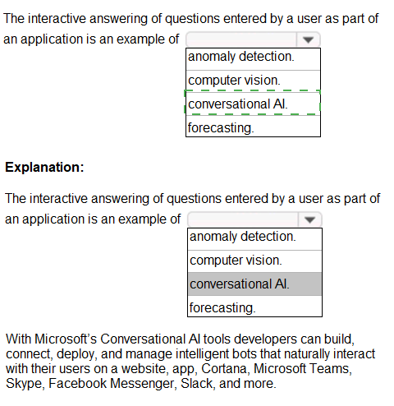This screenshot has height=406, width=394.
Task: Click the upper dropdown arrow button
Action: coord(308,40)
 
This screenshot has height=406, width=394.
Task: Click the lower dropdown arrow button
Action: coord(309,219)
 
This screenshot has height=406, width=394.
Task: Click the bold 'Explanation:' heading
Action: coord(44,167)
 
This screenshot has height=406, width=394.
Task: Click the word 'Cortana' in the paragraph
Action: coord(224,368)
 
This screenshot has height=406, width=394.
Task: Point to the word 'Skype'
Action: coord(24,384)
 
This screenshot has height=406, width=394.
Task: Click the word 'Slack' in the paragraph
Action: coord(196,383)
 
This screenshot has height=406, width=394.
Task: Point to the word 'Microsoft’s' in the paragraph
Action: coord(66,339)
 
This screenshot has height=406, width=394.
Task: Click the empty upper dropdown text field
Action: coord(241,40)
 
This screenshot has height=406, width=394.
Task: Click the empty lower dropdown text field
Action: coord(243,219)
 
